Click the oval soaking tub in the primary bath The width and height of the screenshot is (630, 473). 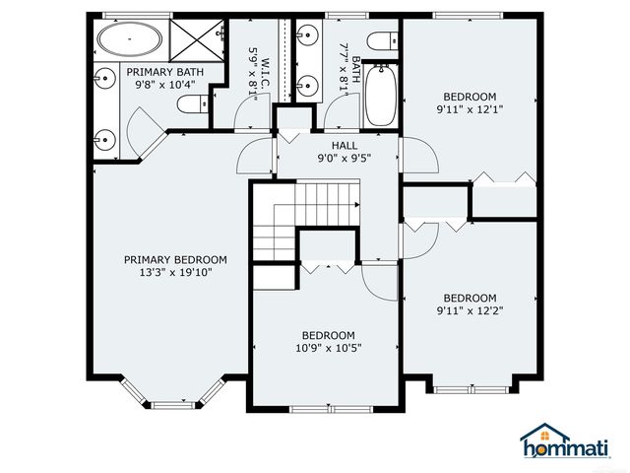(129, 41)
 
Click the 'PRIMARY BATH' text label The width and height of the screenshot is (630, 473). (163, 72)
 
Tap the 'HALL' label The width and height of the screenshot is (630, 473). (330, 145)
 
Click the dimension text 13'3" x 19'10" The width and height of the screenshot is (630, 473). (174, 274)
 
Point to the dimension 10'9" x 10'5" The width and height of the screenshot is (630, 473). (328, 347)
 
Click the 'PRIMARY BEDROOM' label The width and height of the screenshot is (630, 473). (175, 260)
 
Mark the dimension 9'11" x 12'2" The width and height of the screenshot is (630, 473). (470, 311)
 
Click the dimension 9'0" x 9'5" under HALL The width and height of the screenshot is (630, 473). (337, 158)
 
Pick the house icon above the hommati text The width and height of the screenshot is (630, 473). (544, 435)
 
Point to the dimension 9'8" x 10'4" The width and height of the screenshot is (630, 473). (164, 85)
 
